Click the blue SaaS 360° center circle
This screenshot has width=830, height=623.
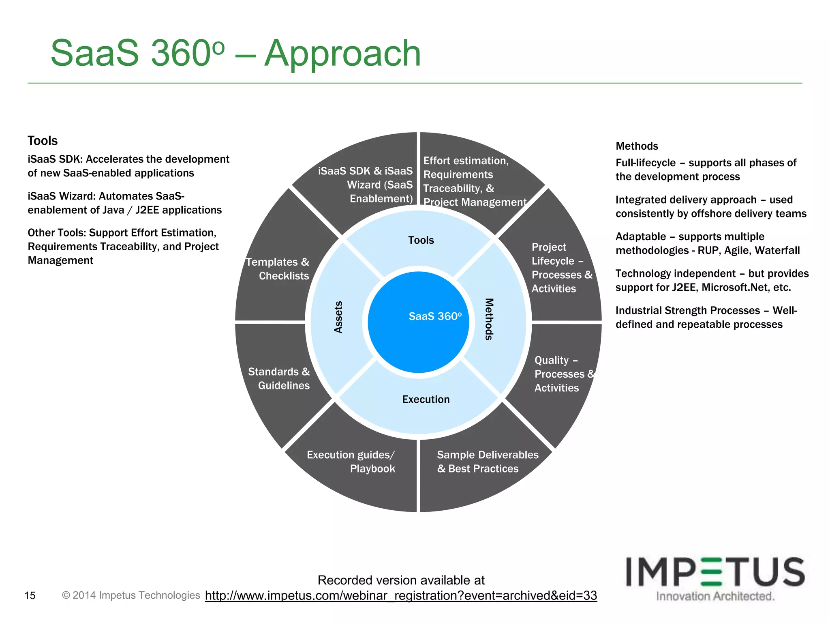[419, 322]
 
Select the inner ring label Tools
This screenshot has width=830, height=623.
[421, 240]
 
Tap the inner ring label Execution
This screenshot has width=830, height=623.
[426, 400]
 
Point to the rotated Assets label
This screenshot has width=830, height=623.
[338, 317]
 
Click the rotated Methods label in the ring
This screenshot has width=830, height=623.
[489, 319]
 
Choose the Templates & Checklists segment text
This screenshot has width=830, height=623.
[278, 269]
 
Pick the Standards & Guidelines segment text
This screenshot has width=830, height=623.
[279, 378]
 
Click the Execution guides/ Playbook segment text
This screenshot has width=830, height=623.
[351, 462]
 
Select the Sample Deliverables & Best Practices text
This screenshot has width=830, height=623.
[487, 462]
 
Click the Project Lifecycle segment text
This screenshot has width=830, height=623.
[561, 268]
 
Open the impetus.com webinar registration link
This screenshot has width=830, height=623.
[401, 595]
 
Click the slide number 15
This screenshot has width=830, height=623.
[30, 595]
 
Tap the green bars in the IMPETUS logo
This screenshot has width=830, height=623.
[712, 572]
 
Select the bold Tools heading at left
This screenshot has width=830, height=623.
[43, 141]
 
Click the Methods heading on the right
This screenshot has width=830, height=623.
[637, 146]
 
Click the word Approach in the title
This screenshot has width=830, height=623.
[342, 54]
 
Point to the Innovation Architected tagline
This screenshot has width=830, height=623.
[715, 596]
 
